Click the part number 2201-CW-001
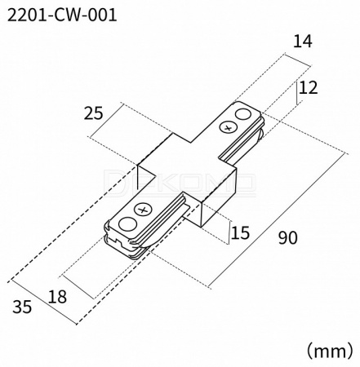click(62, 15)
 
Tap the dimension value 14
click(302, 42)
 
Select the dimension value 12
click(308, 88)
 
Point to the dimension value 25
click(94, 113)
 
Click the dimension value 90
click(288, 237)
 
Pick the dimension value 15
click(240, 233)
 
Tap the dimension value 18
click(57, 297)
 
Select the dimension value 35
click(22, 307)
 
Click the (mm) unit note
click(330, 351)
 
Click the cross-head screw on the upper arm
click(229, 127)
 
